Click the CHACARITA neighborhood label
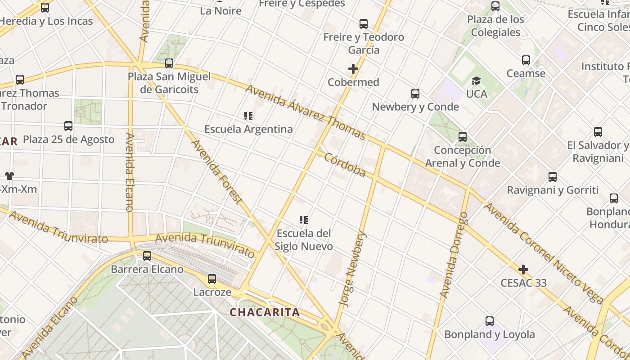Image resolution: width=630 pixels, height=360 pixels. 265,312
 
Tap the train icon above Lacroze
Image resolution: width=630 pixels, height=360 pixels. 212,279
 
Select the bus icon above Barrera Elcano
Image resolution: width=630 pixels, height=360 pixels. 147,256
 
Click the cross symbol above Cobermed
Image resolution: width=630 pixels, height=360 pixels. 353,69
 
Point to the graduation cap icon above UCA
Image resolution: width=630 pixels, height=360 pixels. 476,81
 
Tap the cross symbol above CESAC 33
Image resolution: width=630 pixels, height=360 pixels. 523,270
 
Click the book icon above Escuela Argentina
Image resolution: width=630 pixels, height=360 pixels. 248,116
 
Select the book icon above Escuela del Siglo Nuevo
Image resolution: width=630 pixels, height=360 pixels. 304,220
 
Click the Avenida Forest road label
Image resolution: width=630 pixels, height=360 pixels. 217,172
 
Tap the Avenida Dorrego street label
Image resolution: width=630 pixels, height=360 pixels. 454,255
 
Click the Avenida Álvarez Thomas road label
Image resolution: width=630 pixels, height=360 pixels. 306,112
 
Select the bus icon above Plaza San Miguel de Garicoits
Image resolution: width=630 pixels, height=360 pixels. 169,63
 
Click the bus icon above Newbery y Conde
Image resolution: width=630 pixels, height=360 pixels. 415,94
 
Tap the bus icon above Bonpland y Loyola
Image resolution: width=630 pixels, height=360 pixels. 490,321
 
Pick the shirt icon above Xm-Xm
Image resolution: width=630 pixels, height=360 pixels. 9,175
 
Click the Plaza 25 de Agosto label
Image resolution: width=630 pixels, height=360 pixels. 69,139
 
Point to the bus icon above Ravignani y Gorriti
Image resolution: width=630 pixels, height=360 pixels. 553,177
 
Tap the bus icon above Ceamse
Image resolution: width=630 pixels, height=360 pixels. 526,60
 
